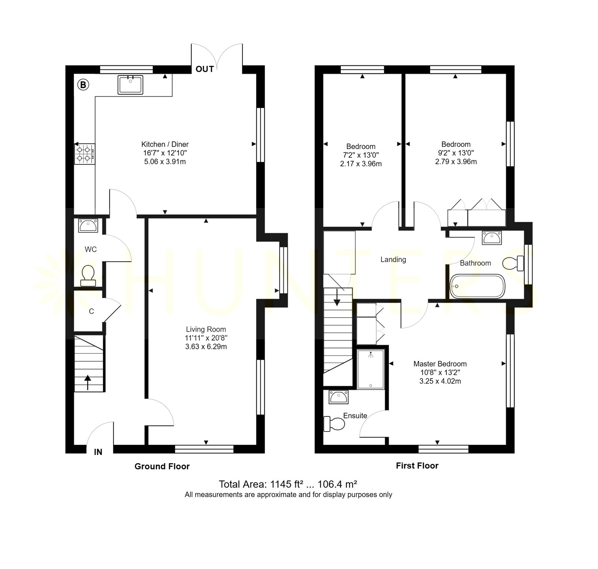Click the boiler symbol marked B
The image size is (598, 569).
[x=83, y=85]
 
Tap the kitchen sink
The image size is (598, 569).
[x=130, y=85]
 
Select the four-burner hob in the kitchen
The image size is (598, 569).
[x=85, y=154]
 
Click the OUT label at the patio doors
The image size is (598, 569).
[x=205, y=69]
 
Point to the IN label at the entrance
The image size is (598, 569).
[x=98, y=452]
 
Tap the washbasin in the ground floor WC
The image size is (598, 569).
[x=88, y=226]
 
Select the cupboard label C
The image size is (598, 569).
[x=91, y=311]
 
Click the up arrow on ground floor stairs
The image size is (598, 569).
[x=88, y=383]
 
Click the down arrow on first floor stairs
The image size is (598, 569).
[x=337, y=297]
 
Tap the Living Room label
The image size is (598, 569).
[x=206, y=329]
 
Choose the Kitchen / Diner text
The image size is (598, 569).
[x=165, y=144]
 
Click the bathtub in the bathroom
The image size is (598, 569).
[x=477, y=287]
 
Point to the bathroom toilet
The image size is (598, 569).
[x=514, y=263]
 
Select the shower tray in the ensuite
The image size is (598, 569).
[x=370, y=369]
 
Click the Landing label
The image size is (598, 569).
[x=393, y=259]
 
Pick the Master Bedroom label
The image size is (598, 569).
[x=440, y=364]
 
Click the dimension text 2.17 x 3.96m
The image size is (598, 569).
[x=361, y=164]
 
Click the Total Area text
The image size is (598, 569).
[x=288, y=485]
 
